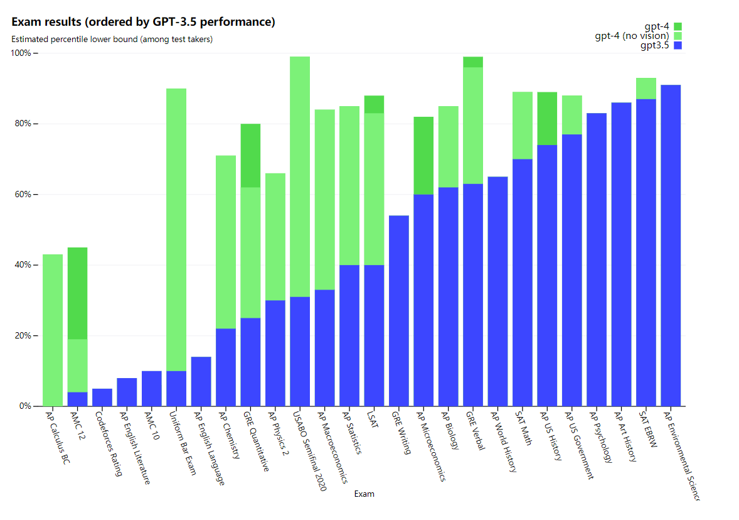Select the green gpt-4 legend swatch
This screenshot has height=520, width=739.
click(x=677, y=26)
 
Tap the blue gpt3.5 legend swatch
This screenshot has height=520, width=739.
click(x=677, y=45)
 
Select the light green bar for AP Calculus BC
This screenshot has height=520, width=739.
click(x=53, y=330)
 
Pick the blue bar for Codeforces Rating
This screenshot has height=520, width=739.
click(x=102, y=398)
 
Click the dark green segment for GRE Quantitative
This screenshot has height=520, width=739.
click(x=250, y=155)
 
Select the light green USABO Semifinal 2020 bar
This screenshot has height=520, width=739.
click(x=300, y=176)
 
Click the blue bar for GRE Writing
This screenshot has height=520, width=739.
click(x=399, y=311)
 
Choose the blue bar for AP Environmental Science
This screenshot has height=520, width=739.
click(x=671, y=245)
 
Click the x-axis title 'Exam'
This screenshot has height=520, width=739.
click(x=364, y=494)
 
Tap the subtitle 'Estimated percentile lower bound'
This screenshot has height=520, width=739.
click(x=112, y=40)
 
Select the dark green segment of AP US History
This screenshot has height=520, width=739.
click(x=547, y=119)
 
